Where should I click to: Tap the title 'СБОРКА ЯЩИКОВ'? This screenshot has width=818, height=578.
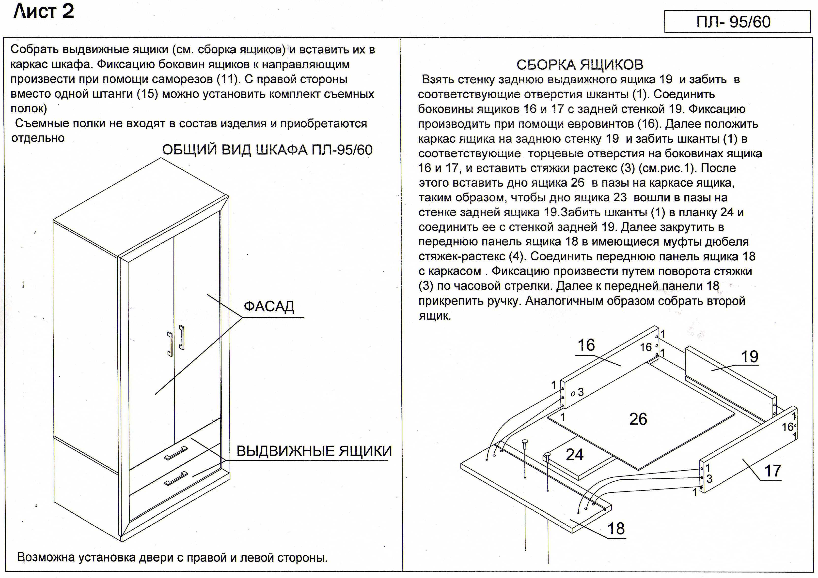point(580,65)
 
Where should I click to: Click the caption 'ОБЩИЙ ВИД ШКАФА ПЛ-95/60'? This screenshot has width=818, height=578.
point(267,150)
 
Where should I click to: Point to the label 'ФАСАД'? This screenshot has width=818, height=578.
point(269,306)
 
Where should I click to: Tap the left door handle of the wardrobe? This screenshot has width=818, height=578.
point(170,344)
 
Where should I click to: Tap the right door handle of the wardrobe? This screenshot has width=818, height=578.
point(182,337)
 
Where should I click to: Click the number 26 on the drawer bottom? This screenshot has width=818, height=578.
point(638,419)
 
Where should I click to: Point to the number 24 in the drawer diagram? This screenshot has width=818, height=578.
point(575,455)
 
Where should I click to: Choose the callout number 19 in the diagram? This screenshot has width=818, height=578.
point(750,357)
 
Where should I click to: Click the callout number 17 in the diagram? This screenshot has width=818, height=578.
point(773,471)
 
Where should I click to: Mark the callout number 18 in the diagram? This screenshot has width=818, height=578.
point(616,529)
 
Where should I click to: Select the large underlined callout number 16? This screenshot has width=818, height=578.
point(586,345)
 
